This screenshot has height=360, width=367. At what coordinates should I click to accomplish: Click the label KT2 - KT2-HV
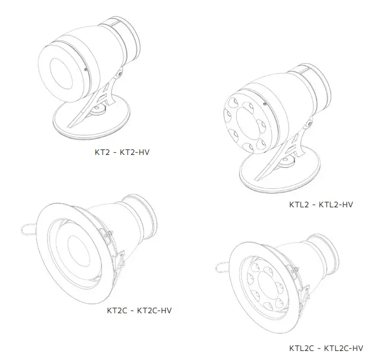[x=122, y=152]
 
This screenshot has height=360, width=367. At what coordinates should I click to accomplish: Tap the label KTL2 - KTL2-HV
[x=321, y=205]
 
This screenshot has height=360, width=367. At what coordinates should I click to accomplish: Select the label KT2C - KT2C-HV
[x=139, y=310]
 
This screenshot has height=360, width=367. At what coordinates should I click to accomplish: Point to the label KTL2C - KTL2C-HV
[x=326, y=348]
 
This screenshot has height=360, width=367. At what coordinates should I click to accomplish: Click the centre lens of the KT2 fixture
[x=62, y=73]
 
